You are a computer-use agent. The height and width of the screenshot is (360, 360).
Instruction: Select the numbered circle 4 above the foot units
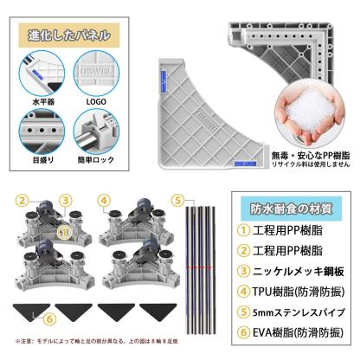(104, 198)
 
